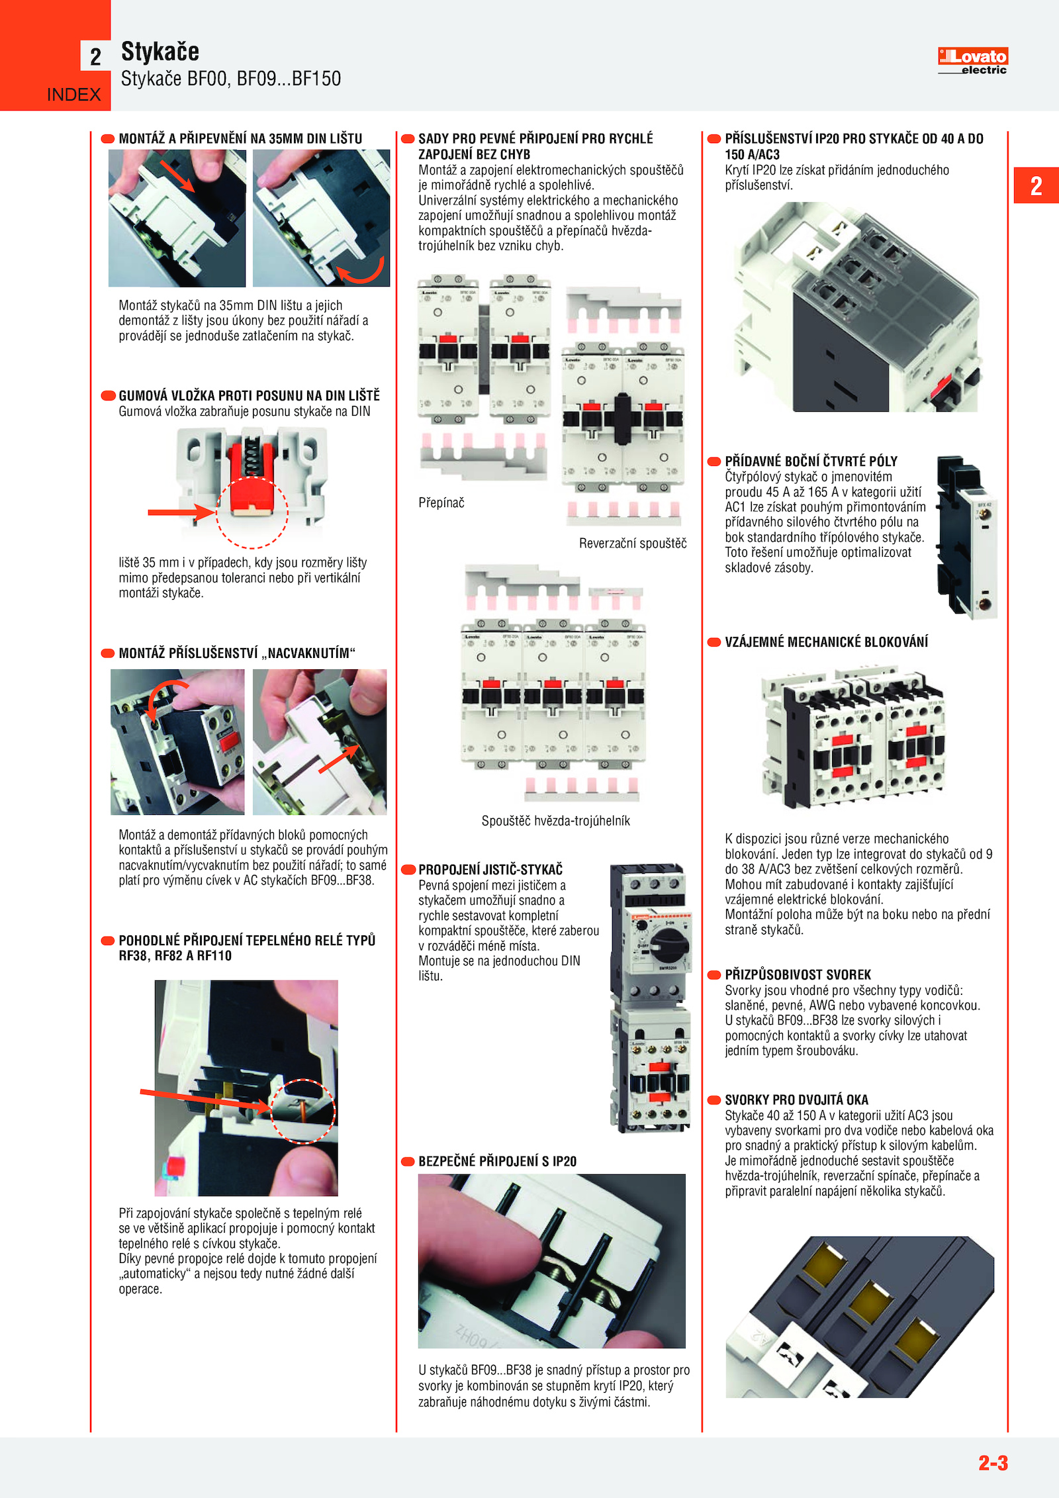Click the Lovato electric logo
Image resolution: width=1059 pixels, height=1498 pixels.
(972, 61)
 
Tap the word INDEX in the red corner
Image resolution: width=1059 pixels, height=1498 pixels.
(73, 95)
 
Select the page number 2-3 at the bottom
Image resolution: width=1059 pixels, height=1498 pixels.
(993, 1462)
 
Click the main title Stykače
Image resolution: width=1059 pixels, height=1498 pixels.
(160, 52)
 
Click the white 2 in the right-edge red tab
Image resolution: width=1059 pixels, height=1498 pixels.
(1036, 186)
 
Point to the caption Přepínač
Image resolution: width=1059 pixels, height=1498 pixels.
(441, 502)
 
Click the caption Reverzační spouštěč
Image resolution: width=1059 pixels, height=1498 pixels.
(633, 543)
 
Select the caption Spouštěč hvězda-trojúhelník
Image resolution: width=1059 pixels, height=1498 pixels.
(556, 821)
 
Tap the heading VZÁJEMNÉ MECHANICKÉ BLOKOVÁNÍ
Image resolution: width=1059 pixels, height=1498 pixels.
(826, 641)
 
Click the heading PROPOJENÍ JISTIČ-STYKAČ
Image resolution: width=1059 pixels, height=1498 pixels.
(490, 869)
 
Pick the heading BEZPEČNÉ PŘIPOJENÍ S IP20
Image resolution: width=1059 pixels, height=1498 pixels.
(497, 1161)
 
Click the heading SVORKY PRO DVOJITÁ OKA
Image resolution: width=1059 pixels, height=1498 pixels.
(796, 1100)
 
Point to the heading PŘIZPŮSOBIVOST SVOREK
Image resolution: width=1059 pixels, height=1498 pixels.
(798, 974)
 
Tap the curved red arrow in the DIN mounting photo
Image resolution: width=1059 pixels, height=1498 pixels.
(361, 271)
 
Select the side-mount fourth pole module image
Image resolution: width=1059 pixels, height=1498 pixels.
(967, 537)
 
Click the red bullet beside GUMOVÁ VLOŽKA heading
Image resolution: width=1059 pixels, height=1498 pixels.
(108, 396)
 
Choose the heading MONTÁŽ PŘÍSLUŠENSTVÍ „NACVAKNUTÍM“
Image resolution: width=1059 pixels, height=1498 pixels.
(237, 653)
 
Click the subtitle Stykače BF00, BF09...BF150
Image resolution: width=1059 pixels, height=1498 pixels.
(231, 79)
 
